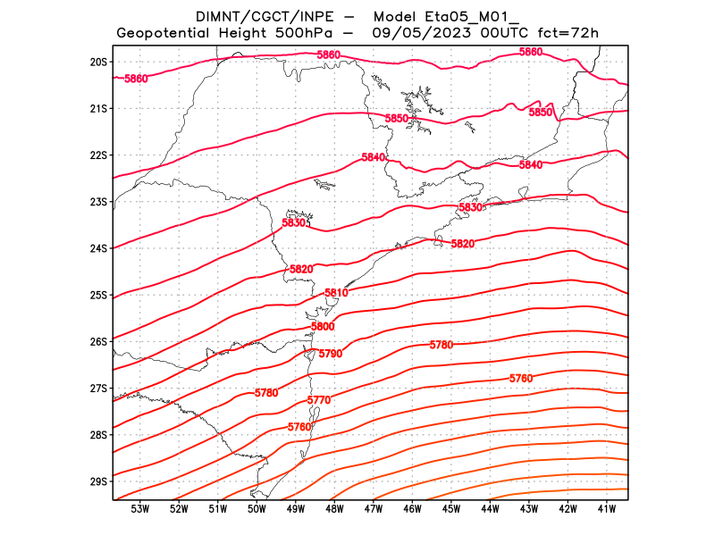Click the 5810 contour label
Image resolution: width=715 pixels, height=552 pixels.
pos(336,293)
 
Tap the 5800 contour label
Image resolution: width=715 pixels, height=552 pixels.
pos(323,327)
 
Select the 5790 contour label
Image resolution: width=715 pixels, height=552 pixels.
pos(331,355)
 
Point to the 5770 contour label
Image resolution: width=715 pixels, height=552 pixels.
pos(318,400)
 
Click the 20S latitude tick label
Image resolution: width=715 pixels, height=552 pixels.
pos(98,63)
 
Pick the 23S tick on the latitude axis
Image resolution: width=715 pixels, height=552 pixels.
pos(98,202)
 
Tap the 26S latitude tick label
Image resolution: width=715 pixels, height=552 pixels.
pos(98,342)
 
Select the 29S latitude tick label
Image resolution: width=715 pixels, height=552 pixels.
pos(98,481)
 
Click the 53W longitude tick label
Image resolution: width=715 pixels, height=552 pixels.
pos(139,510)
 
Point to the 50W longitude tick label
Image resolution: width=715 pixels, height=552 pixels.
pos(257,510)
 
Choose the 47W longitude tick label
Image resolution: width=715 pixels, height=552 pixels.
pos(374,510)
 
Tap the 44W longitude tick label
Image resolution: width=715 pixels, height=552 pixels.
pos(490,510)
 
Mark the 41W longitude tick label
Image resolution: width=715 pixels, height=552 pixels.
pos(607,510)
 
